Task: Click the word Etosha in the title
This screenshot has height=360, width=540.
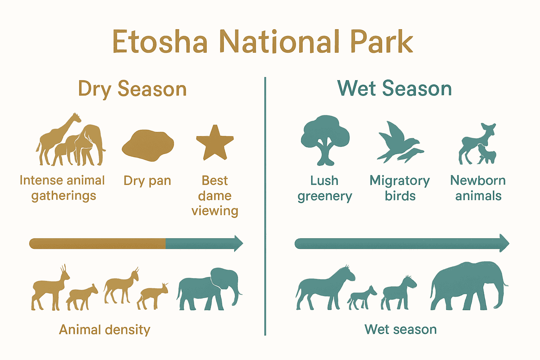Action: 160,42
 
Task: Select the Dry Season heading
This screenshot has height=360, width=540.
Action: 132,89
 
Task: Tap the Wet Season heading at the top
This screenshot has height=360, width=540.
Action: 394,88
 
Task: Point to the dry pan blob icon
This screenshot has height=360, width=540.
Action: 148,145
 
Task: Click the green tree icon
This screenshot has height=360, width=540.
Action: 325,139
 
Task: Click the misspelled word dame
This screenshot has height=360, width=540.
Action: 215,195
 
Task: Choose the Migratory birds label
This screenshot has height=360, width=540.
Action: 400,188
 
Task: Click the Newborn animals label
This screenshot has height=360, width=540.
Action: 478,188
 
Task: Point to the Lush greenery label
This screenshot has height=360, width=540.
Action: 324,188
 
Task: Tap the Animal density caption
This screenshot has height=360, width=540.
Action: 104,330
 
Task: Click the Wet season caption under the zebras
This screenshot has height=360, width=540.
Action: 400,329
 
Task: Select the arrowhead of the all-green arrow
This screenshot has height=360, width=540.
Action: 504,243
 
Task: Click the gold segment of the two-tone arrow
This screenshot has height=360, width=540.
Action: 97,243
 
